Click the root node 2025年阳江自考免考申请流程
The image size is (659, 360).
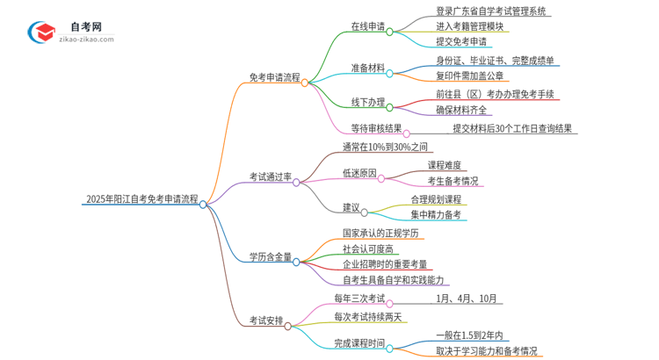pos(141,200)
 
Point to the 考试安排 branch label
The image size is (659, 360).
pos(266,320)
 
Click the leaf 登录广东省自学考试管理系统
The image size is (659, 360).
pos(491,11)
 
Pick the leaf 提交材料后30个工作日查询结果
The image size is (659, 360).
pos(514,128)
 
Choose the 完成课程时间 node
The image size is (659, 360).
pos(358,343)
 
